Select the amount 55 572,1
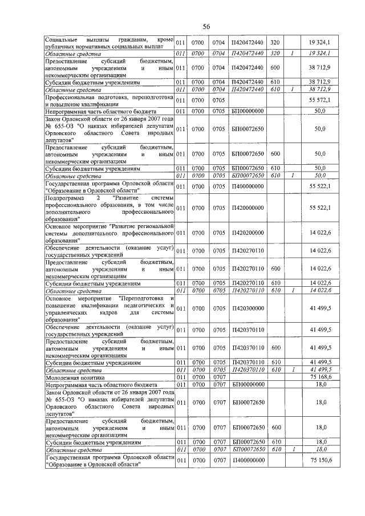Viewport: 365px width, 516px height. click(x=321, y=101)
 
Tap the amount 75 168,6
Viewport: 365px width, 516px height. click(x=321, y=377)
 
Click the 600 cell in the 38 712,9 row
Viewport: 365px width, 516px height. click(x=274, y=68)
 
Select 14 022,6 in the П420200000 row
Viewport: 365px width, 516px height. click(x=321, y=233)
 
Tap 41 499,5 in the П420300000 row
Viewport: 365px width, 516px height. click(x=321, y=308)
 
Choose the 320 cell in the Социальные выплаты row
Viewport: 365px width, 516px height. click(x=274, y=42)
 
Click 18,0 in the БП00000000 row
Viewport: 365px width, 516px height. click(x=321, y=385)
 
